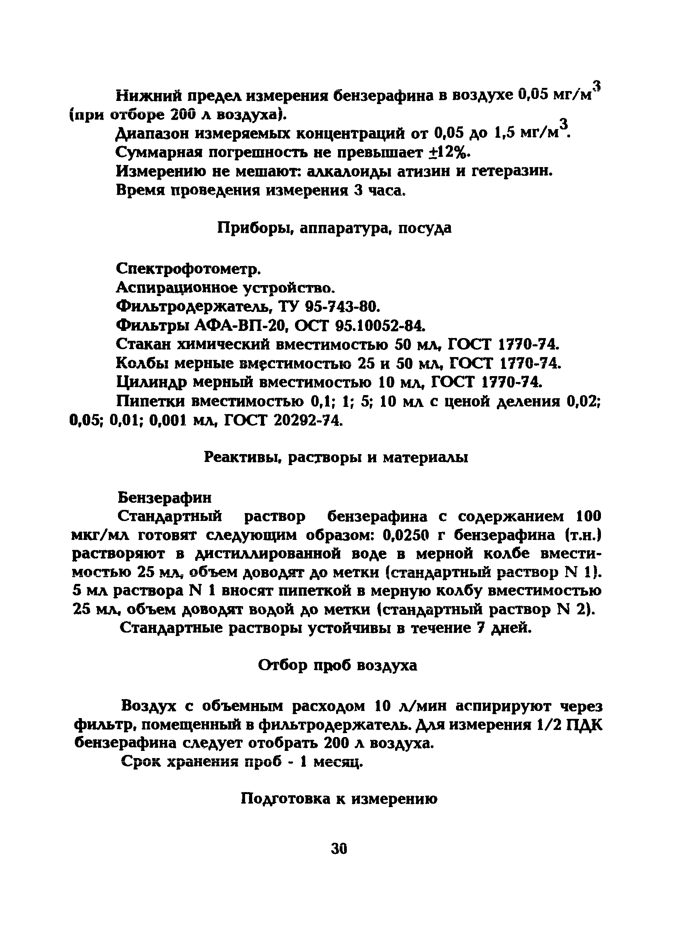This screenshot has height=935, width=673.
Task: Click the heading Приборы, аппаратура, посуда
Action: (x=335, y=228)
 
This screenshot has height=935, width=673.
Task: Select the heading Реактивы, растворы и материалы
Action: (x=336, y=457)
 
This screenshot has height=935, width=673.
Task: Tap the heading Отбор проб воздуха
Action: (x=337, y=665)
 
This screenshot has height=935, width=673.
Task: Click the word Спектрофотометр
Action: (x=188, y=269)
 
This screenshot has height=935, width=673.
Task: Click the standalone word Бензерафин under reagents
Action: (x=165, y=498)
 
